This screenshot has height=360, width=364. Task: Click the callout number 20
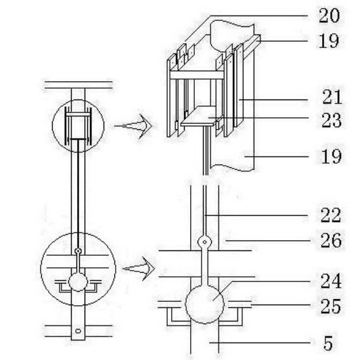pyautogui.click(x=329, y=16)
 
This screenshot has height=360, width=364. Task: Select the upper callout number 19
pyautogui.click(x=329, y=41)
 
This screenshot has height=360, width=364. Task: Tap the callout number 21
pyautogui.click(x=332, y=97)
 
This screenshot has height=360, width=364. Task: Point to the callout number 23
pyautogui.click(x=332, y=120)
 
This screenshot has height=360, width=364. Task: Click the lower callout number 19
pyautogui.click(x=332, y=156)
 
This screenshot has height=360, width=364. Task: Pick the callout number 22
pyautogui.click(x=331, y=215)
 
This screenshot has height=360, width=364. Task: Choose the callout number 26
pyautogui.click(x=332, y=240)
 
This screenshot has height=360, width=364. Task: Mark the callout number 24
pyautogui.click(x=331, y=281)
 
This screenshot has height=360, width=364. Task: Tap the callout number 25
pyautogui.click(x=331, y=306)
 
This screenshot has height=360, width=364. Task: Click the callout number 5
pyautogui.click(x=328, y=343)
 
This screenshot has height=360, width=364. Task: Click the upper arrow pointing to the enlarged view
pyautogui.click(x=133, y=126)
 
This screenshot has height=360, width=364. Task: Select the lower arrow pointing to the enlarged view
pyautogui.click(x=139, y=269)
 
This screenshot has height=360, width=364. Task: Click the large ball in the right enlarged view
pyautogui.click(x=204, y=304)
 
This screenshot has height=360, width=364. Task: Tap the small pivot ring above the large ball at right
pyautogui.click(x=204, y=242)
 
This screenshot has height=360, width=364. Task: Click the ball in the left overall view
pyautogui.click(x=78, y=282)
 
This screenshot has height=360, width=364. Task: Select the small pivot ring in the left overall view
pyautogui.click(x=78, y=251)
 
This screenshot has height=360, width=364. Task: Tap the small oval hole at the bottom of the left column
pyautogui.click(x=78, y=331)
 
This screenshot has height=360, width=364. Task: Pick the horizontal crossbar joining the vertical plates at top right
pyautogui.click(x=197, y=75)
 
